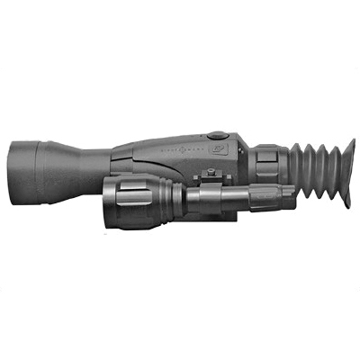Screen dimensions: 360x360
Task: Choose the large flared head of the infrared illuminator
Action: pyautogui.click(x=126, y=202)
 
